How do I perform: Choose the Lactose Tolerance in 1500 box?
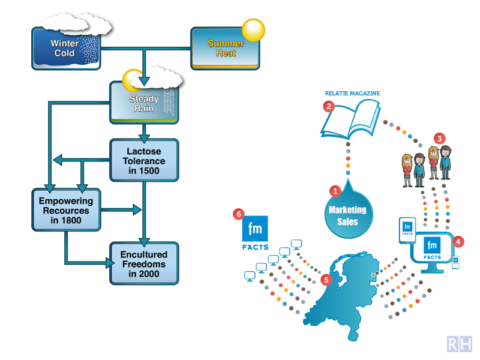point(144,160)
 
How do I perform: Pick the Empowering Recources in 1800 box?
point(66,210)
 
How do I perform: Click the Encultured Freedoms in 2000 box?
point(144,263)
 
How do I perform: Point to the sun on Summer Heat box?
point(253,30)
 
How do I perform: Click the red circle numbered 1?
point(336,191)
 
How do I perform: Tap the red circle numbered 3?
point(440,138)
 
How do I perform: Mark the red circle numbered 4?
point(459,242)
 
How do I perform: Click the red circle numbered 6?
point(240,214)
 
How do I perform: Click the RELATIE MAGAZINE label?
point(352,94)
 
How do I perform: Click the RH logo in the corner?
point(460,344)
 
